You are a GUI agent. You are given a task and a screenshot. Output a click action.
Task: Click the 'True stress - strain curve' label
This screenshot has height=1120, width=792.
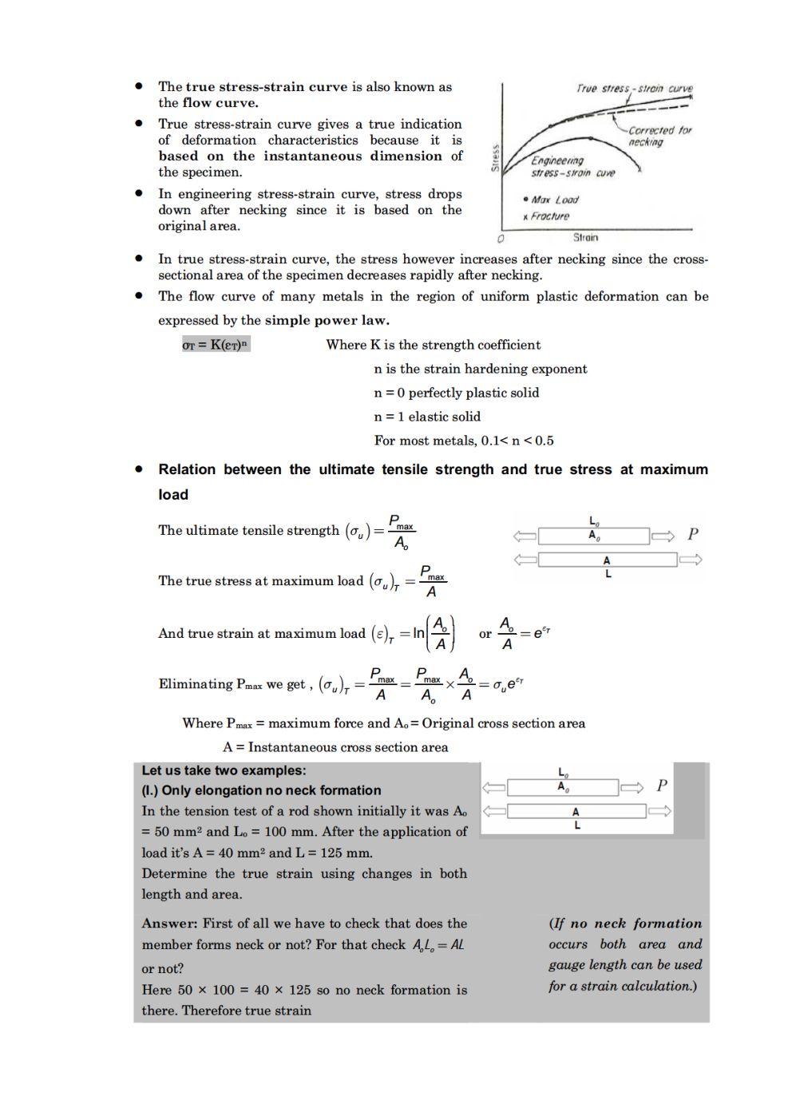tap(634, 89)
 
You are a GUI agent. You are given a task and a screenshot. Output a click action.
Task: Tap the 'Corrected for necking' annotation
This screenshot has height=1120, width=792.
tap(659, 136)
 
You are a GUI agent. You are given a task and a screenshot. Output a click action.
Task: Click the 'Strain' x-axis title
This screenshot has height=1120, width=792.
tap(585, 237)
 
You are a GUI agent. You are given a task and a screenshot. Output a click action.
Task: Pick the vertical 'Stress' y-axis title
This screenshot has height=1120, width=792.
tap(495, 158)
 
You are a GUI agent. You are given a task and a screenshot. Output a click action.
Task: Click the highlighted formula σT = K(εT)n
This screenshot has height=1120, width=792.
tap(216, 345)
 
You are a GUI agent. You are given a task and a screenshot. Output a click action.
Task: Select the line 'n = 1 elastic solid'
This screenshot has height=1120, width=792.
tap(427, 417)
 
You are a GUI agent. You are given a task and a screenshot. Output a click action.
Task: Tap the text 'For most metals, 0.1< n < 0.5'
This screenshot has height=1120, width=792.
tap(463, 441)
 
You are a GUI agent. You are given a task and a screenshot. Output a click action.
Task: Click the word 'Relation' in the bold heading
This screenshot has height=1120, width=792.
tap(187, 469)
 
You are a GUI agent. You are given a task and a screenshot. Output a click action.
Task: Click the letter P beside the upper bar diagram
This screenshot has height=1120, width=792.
tap(692, 534)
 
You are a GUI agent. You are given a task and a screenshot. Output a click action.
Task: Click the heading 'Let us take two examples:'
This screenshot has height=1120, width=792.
tap(224, 770)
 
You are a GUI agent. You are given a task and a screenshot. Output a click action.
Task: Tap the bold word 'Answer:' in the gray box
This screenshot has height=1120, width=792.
tap(169, 924)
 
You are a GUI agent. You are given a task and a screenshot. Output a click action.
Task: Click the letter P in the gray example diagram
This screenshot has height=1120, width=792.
tap(662, 786)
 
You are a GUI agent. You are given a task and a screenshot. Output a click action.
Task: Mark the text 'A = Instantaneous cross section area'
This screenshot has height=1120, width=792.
tap(335, 747)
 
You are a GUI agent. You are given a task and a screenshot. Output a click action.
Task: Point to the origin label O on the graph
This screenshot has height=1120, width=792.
tap(501, 239)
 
